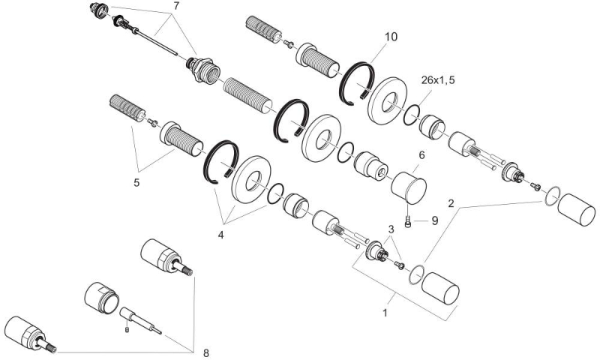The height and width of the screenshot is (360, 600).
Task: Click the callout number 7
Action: [x=176, y=6]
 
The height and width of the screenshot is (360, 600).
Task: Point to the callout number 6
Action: [x=421, y=154]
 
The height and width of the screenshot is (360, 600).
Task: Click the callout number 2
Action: [x=451, y=202]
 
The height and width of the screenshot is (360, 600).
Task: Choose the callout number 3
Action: [x=390, y=228]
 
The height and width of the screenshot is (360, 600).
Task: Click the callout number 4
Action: [x=220, y=235]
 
